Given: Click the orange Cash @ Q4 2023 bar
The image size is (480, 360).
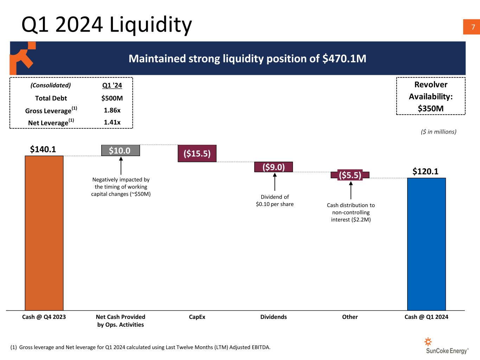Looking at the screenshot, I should [x=44, y=233].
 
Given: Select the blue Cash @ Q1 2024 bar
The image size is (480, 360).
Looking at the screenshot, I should [x=426, y=244].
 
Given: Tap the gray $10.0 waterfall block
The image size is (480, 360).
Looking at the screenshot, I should [x=120, y=150].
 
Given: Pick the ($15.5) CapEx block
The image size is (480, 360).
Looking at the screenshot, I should [x=197, y=154].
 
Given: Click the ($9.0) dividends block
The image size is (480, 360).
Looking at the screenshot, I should [x=274, y=167].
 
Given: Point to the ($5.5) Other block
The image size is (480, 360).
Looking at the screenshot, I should [x=350, y=175].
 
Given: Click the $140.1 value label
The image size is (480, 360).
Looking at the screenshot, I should [x=43, y=149].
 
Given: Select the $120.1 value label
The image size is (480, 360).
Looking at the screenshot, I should [x=425, y=172].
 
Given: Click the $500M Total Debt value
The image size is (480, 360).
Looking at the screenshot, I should [x=112, y=98].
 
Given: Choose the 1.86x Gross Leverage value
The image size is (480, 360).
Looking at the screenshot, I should [x=112, y=110].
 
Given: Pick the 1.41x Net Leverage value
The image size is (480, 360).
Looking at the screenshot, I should [x=112, y=122].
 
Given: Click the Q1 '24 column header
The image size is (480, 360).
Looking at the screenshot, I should [x=112, y=85].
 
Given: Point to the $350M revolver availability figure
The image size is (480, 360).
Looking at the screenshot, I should [x=430, y=108].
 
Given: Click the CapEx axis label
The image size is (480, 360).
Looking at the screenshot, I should [x=197, y=317].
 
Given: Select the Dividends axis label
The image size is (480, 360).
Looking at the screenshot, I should [x=273, y=317].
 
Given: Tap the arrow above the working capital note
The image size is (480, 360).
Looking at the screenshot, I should [x=121, y=166].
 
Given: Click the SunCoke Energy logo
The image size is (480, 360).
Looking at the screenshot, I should [x=447, y=346].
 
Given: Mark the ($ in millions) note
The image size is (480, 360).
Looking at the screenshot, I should [x=438, y=132].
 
